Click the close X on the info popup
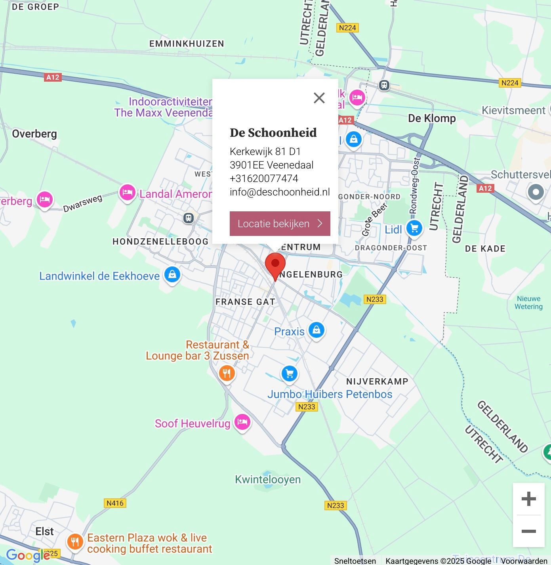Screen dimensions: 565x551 coord(319,98)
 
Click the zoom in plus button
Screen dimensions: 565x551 coord(528,499)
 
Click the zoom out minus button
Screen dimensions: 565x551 coord(528,531)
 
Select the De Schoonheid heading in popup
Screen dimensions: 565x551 coord(273,132)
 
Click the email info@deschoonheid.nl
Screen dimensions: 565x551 coord(280,192)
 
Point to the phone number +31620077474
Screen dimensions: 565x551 coord(264,178)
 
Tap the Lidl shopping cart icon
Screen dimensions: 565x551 coord(414,228)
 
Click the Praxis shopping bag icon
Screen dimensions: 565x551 coord(316,330)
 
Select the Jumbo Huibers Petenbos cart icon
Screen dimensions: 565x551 coord(290,373)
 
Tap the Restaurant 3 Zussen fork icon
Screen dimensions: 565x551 coord(227,373)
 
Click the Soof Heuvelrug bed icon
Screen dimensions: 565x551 coord(242,422)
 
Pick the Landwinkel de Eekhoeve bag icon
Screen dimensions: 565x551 coord(172,274)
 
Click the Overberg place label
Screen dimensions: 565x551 coord(34,134)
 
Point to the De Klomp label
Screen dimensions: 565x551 coord(432,118)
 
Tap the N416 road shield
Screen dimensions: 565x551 coord(115,503)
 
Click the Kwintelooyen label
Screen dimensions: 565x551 coord(268,479)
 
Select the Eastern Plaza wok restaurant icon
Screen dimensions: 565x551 coord(75,541)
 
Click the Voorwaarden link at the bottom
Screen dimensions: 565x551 coord(524,561)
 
